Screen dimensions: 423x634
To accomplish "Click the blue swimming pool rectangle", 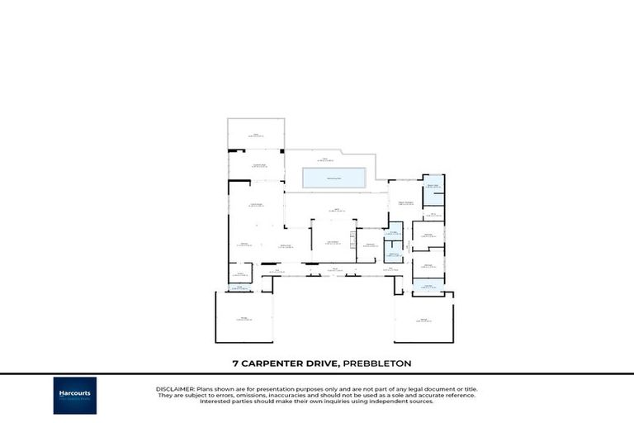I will click(335, 178).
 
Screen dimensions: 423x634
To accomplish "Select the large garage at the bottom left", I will click(244, 317).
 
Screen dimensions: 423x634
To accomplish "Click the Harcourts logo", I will click(75, 395).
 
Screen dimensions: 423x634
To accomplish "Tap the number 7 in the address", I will click(234, 363).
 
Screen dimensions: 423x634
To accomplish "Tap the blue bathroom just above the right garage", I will click(428, 286).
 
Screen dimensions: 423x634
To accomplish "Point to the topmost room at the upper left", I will click(256, 134).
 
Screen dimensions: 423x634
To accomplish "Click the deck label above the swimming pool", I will click(325, 159).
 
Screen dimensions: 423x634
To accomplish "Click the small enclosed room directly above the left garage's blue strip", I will click(240, 273).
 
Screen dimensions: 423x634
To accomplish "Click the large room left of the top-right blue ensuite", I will click(405, 202).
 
